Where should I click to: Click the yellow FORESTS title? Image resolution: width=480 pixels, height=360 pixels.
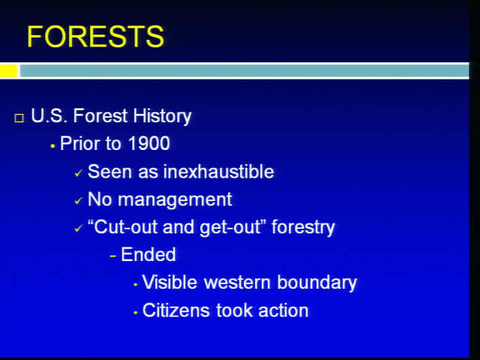click(x=95, y=37)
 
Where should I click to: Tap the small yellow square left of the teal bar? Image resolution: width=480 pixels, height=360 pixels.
click(x=9, y=70)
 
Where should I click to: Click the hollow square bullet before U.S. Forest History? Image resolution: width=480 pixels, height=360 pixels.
click(x=19, y=118)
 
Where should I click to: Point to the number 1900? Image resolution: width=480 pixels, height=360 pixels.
click(x=148, y=143)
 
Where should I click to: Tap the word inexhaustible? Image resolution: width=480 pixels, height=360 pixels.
click(x=218, y=171)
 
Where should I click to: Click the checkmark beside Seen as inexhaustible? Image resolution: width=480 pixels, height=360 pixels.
click(x=78, y=173)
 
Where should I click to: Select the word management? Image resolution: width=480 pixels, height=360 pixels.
click(x=175, y=200)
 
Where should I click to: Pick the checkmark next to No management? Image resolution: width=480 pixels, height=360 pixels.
click(x=78, y=201)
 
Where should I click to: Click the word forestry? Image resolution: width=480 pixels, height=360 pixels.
click(x=303, y=228)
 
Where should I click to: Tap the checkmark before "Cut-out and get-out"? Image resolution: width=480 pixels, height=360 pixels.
click(x=78, y=228)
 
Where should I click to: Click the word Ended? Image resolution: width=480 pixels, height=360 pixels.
click(x=148, y=254)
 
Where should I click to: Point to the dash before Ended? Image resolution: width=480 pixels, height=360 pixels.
click(x=113, y=256)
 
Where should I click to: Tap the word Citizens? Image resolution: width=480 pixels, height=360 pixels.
click(x=176, y=310)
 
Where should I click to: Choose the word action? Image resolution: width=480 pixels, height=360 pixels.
click(x=283, y=310)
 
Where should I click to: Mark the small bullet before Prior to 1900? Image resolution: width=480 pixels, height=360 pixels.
click(x=52, y=146)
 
